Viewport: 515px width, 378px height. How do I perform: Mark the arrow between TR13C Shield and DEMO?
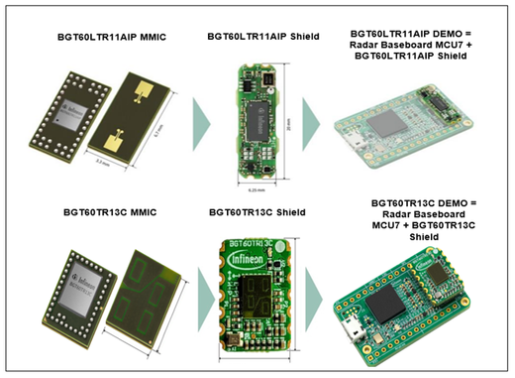coord(313,294)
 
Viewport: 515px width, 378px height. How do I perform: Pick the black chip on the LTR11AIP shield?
coord(257,109)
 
